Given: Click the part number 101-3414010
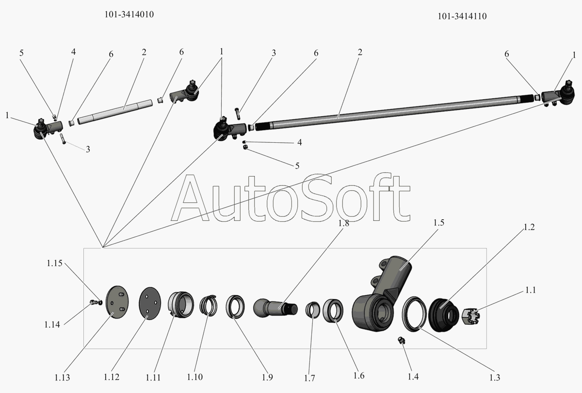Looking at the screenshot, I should coord(129,15).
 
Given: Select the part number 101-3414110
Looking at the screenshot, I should coord(462,16).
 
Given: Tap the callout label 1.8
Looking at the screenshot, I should coord(344,223).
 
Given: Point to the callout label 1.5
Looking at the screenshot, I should coord(438,223).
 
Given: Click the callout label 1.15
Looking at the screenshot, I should coord(55,263).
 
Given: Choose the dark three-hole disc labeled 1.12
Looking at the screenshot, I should coord(150,303).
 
